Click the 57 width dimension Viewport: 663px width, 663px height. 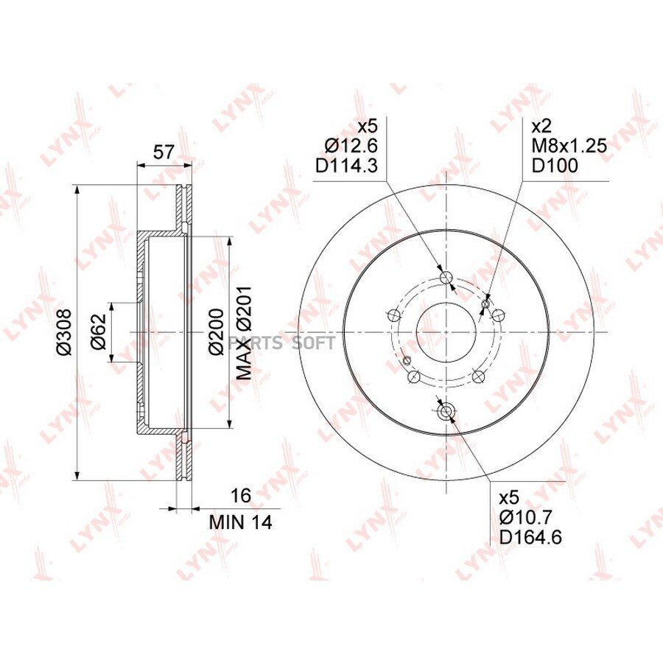click(164, 152)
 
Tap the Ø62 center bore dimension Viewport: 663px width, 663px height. click(98, 332)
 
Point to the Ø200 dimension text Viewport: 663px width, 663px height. click(216, 332)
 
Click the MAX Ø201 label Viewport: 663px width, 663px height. click(244, 332)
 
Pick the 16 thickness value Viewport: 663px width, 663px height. click(242, 496)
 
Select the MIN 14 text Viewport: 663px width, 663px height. click(241, 522)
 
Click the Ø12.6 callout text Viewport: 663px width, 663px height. click(351, 146)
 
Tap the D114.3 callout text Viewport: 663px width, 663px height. click(346, 166)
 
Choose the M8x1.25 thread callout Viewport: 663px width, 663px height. click(569, 146)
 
